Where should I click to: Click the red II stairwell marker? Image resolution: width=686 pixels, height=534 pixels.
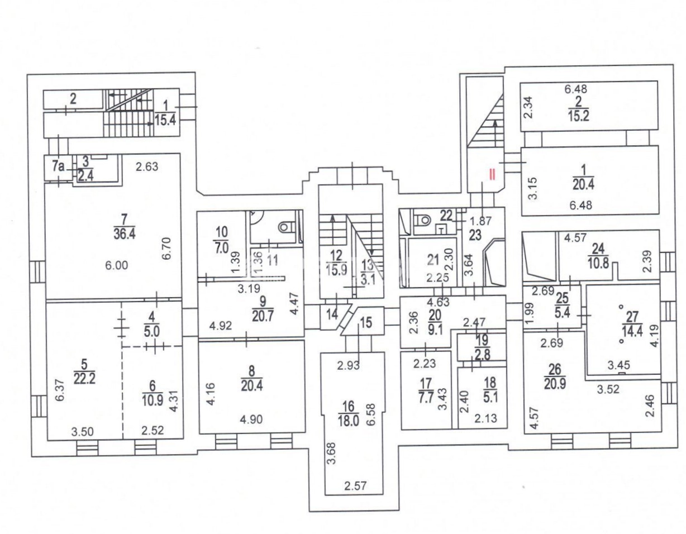click(x=492, y=174)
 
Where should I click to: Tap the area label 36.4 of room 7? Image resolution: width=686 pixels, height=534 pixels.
click(x=125, y=235)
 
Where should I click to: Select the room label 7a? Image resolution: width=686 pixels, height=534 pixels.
click(x=59, y=166)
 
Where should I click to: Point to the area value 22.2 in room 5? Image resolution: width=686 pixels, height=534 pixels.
click(x=84, y=379)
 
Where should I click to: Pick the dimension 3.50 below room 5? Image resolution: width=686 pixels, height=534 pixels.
click(x=82, y=431)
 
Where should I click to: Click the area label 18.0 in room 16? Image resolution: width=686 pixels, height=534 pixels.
click(x=348, y=422)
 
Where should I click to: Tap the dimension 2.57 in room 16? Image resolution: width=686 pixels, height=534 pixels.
click(x=355, y=486)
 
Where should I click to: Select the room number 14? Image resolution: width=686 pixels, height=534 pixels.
click(x=332, y=314)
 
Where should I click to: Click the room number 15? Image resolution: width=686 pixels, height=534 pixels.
click(x=366, y=322)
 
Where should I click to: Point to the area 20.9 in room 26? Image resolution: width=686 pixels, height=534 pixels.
click(x=555, y=383)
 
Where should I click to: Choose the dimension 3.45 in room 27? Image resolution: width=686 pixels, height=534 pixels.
click(x=619, y=365)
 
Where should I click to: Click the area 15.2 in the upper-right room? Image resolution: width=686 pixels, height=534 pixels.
click(x=578, y=116)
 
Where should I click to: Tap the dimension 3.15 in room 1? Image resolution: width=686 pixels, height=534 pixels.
click(x=533, y=188)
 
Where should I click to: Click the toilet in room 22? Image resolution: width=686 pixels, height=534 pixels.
click(x=423, y=220)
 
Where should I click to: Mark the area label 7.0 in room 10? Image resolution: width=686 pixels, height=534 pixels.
click(x=222, y=248)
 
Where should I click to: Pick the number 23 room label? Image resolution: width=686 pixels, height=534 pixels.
click(x=475, y=235)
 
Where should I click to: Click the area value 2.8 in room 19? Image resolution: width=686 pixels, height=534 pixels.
click(x=483, y=355)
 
